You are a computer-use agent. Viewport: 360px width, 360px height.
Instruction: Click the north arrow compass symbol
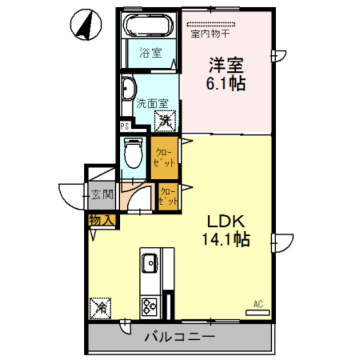click(86, 25)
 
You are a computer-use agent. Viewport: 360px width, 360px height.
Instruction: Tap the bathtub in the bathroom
click(148, 25)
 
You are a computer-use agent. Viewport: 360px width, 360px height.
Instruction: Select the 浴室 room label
click(151, 53)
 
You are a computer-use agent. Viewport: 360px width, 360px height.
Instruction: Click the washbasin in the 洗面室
click(129, 88)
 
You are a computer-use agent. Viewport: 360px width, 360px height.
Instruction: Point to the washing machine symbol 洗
click(165, 121)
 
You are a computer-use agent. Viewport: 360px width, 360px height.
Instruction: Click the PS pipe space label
click(125, 126)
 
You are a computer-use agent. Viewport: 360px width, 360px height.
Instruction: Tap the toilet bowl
click(133, 152)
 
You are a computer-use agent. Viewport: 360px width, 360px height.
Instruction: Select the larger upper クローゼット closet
click(164, 157)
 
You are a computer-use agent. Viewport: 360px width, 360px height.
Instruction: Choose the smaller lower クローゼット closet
click(168, 196)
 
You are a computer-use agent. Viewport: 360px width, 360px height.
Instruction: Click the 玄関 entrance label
click(102, 195)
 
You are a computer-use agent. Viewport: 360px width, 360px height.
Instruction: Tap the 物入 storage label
click(101, 220)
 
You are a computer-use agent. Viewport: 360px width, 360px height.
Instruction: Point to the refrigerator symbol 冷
click(100, 308)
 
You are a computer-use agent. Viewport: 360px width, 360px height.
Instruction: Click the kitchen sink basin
click(150, 263)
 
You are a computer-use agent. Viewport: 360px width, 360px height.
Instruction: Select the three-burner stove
click(150, 307)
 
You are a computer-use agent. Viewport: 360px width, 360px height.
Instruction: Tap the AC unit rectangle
click(258, 313)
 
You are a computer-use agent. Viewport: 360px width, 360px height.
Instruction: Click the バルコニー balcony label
click(180, 337)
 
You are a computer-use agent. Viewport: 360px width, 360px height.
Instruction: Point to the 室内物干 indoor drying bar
click(211, 24)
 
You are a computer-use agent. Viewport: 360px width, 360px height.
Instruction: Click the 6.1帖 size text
click(226, 83)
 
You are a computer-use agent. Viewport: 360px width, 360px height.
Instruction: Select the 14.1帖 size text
click(226, 239)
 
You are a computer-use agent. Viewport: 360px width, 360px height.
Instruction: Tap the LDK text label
click(226, 221)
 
